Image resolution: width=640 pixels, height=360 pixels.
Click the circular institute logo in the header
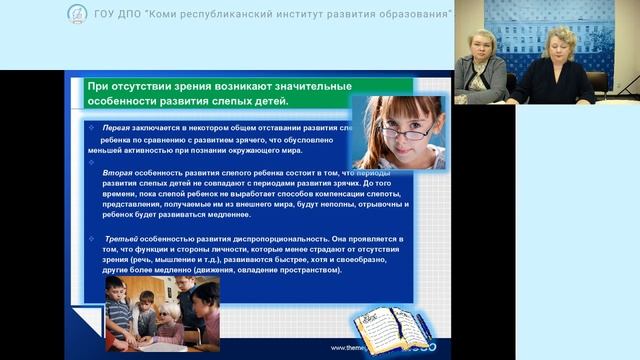pos(77,14)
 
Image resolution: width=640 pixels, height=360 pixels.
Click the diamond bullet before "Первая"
pos(91,129)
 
